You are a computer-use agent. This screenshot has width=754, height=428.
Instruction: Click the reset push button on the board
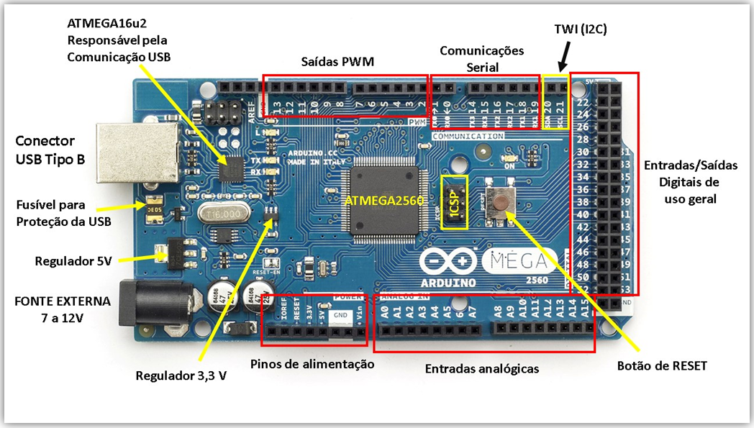click(499, 202)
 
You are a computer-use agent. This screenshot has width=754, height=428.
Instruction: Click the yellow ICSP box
click(455, 202)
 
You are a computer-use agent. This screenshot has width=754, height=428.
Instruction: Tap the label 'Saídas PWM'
click(337, 62)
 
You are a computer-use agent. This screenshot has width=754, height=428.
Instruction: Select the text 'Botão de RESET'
click(662, 366)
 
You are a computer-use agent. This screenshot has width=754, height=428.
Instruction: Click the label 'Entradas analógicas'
click(481, 368)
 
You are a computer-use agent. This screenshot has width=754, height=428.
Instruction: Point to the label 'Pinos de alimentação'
click(312, 364)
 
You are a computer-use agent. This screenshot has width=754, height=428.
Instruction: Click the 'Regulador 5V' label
click(73, 260)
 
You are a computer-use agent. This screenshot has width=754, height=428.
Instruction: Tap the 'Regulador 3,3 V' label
click(181, 375)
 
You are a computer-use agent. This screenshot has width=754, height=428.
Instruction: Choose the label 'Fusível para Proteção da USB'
click(63, 214)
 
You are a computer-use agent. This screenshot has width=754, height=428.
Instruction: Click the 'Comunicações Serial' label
click(481, 58)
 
